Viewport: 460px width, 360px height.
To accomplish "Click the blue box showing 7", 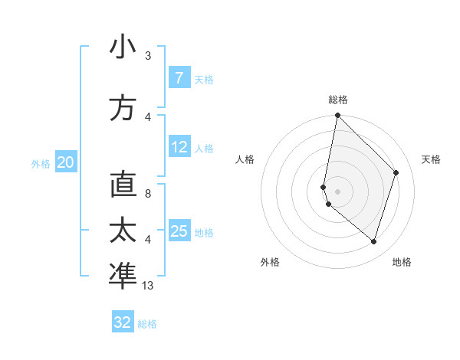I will (179, 78).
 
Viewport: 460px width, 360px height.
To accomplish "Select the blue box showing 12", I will (179, 147).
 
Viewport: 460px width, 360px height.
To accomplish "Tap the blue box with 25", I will (179, 231).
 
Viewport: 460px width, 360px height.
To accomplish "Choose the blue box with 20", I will (66, 162).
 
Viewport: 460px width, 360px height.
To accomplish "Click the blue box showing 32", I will (123, 322).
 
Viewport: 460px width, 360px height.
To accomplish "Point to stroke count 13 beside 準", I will (148, 286).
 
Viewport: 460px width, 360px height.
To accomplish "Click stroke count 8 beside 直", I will (148, 195).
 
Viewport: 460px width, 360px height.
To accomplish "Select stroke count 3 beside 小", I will (148, 56).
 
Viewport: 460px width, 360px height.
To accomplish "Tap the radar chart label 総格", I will (338, 100).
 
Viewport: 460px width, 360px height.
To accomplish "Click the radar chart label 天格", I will (431, 159).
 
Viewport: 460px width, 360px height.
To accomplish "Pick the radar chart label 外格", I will (270, 262).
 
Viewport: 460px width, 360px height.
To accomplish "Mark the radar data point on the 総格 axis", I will (337, 116).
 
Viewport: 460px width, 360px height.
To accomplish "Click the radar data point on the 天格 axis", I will (396, 172).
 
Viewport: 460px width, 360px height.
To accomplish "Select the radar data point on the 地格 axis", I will (373, 241).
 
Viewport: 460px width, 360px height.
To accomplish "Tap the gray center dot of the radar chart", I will (337, 191).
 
